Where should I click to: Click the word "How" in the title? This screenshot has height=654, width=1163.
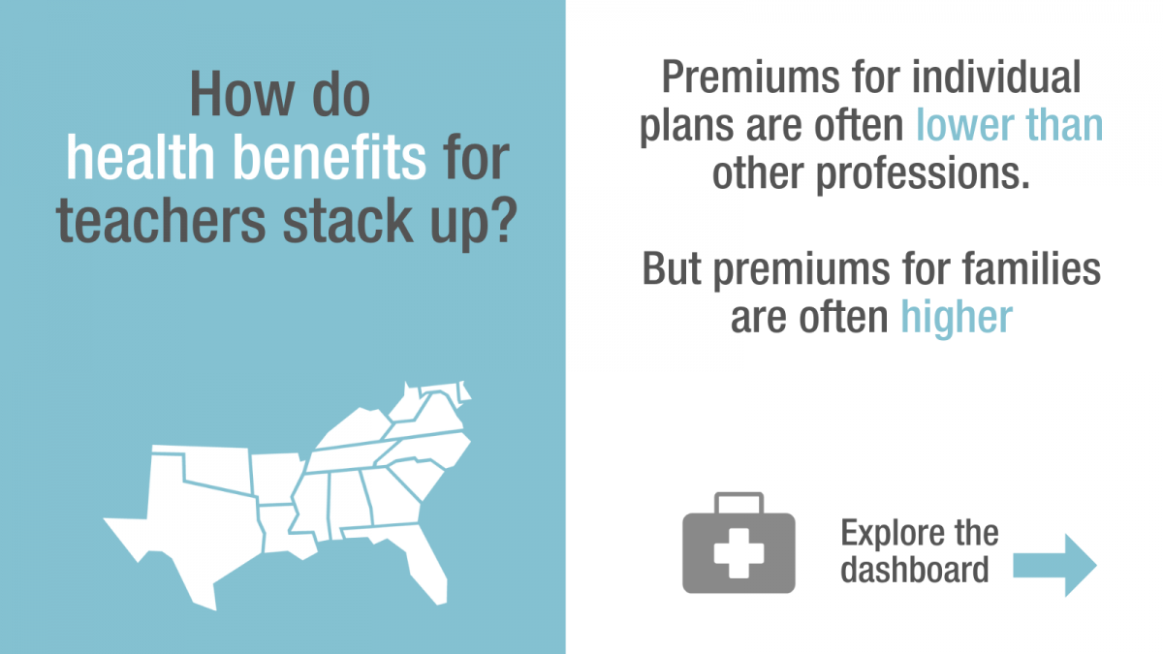242,95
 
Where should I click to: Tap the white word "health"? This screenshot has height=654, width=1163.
141,157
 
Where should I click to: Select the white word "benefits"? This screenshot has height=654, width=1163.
330,157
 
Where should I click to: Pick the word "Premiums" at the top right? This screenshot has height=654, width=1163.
751,78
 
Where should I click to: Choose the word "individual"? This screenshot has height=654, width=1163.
996,77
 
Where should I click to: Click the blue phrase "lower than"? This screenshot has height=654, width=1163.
1009,125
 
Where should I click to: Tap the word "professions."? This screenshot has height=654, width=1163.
923,175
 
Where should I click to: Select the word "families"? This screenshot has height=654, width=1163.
1031,268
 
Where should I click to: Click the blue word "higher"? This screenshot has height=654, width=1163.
957,318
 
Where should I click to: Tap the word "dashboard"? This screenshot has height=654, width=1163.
915,570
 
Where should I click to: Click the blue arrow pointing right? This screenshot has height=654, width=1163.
1054,565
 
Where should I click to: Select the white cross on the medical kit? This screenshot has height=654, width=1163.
739,553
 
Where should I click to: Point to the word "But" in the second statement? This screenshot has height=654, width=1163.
672,268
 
